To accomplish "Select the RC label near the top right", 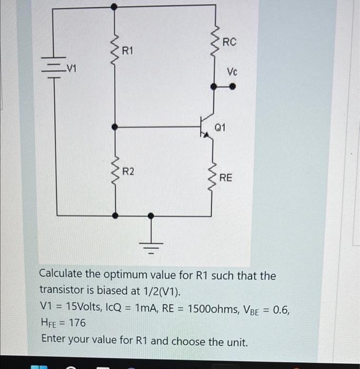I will coord(230,42).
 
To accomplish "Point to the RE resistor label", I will coord(226,178).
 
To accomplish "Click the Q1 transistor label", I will coord(220,127).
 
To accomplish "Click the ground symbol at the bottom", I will coord(151,245).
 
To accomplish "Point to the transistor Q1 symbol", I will coord(207,127).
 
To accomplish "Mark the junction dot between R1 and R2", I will coord(115,127).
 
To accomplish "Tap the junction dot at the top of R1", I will coord(115,6).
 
